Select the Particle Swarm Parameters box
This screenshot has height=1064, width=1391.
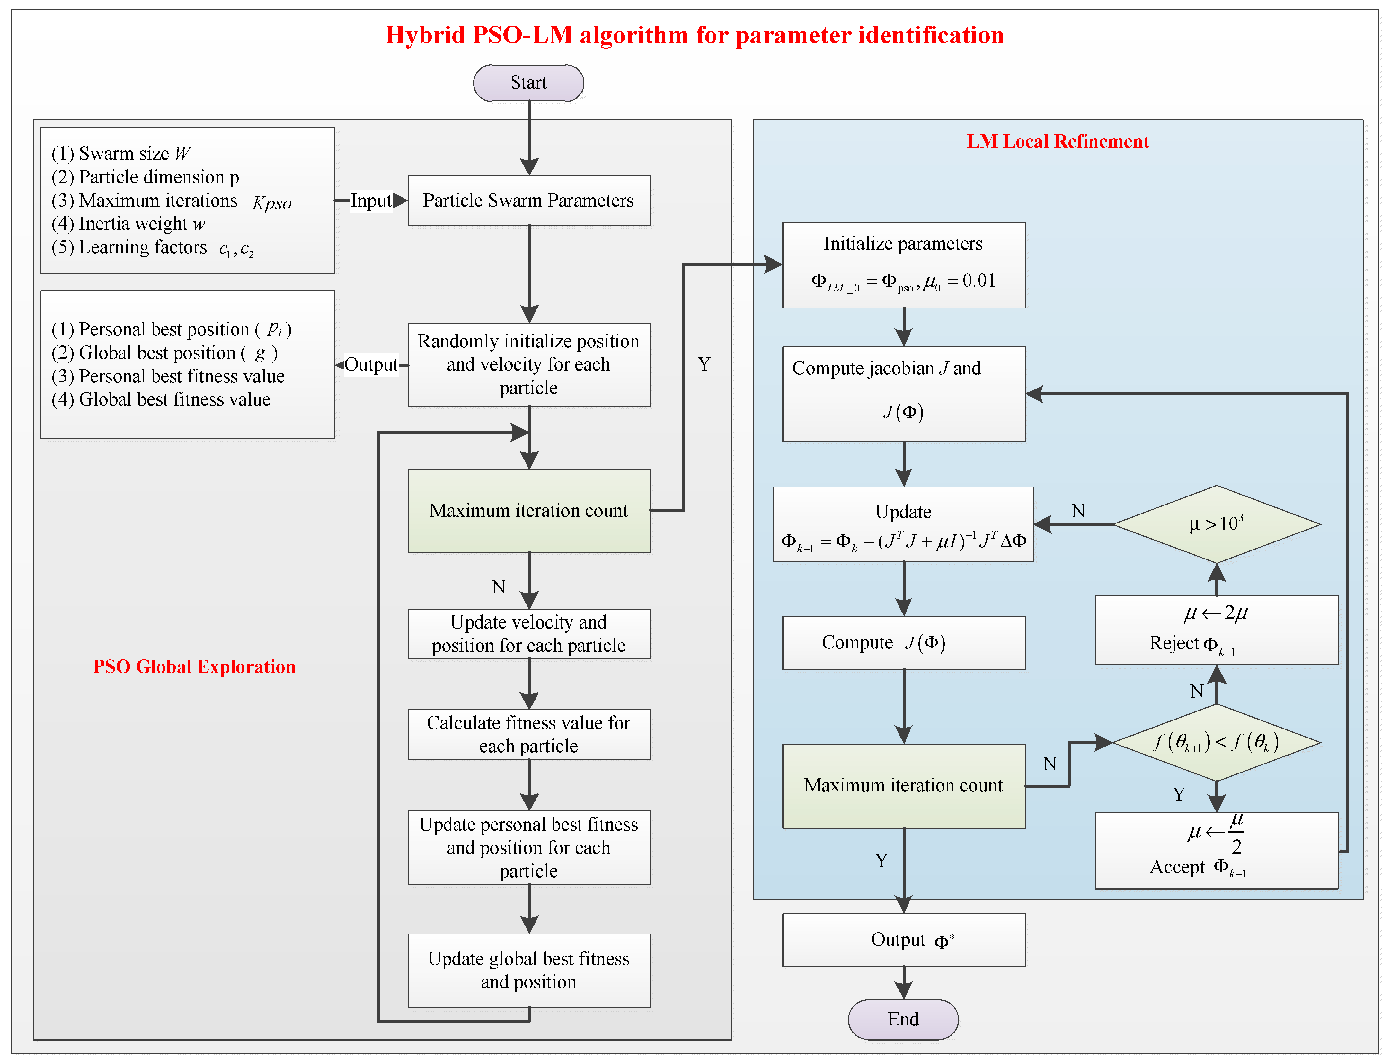(529, 201)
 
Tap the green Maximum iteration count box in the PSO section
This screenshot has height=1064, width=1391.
(529, 510)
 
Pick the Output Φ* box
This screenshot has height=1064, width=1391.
(903, 940)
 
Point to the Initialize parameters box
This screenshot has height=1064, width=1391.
(903, 265)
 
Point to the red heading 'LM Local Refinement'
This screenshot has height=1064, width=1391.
(1057, 141)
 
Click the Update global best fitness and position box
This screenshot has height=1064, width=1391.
(529, 970)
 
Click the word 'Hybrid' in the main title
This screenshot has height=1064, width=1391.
(425, 35)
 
